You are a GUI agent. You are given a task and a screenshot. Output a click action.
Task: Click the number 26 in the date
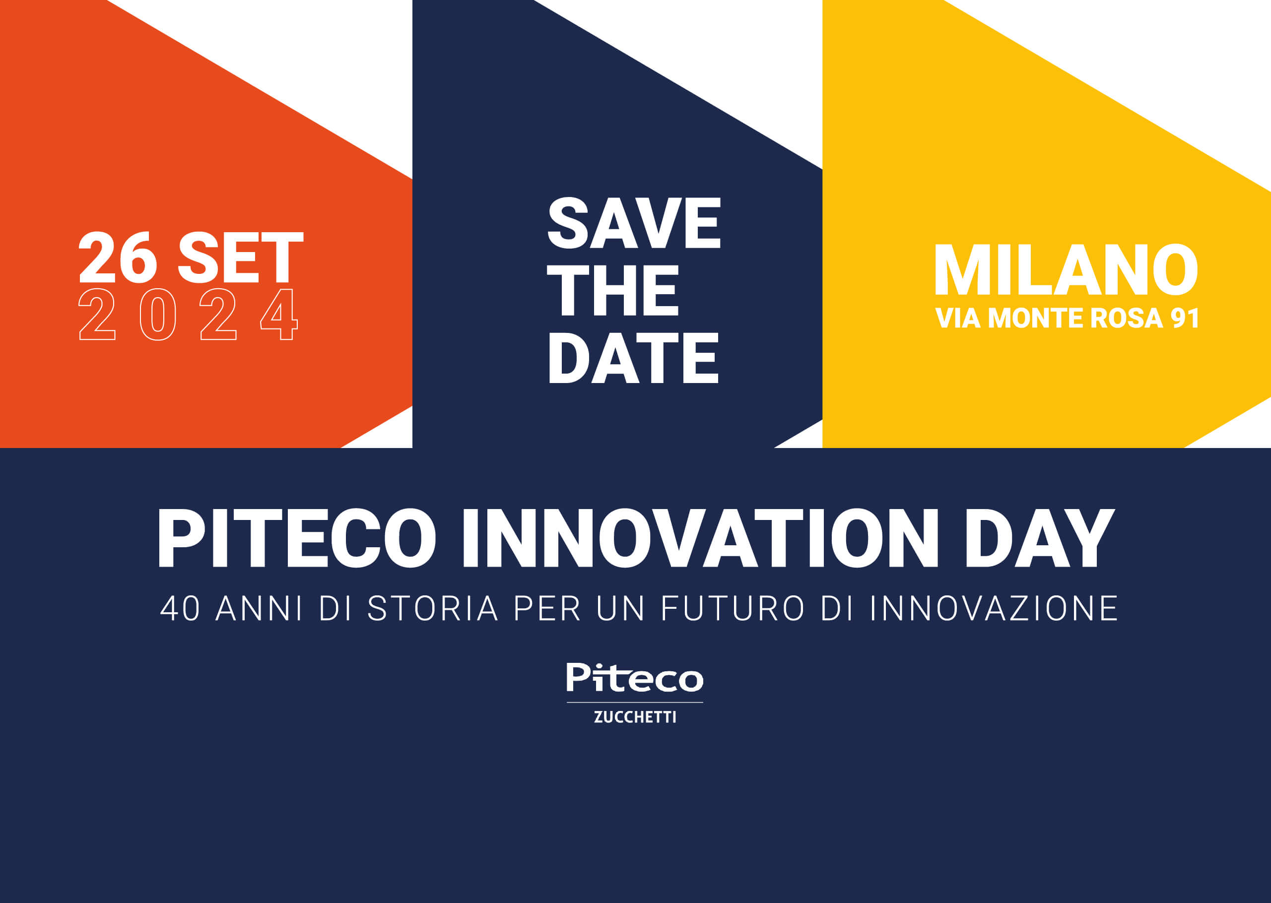click(118, 258)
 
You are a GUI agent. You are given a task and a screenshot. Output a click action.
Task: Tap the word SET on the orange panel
click(240, 258)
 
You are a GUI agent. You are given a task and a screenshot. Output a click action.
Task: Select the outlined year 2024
click(189, 315)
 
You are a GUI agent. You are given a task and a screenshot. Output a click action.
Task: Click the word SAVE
click(634, 223)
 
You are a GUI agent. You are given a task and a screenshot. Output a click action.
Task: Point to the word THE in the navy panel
click(613, 290)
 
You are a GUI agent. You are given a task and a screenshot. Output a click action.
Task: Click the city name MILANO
click(1066, 270)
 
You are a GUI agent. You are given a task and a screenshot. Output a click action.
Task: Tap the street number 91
click(1185, 318)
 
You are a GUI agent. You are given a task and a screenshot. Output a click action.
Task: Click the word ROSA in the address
click(1127, 318)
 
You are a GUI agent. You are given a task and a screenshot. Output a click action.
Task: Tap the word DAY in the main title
click(1040, 538)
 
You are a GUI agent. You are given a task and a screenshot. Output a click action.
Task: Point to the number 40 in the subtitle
click(180, 608)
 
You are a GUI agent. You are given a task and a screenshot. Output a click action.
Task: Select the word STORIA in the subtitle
click(433, 608)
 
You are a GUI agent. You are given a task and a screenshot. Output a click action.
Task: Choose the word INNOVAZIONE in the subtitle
click(994, 608)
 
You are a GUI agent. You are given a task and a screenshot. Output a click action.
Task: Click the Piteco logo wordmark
click(635, 678)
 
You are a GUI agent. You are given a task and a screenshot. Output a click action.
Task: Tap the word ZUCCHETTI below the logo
click(635, 717)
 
